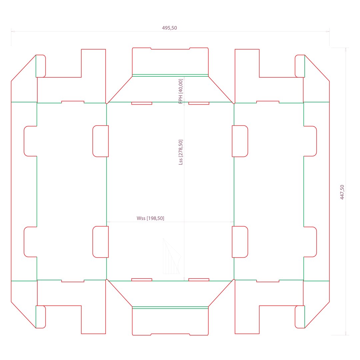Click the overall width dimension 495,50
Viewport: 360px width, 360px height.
tap(169, 28)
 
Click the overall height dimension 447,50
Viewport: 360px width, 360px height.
tap(342, 192)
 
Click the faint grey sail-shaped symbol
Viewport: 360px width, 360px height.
tap(172, 256)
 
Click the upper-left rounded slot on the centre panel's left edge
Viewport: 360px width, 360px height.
tap(101, 141)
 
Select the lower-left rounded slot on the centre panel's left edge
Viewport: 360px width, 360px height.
tap(101, 242)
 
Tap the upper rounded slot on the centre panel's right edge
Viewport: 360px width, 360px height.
tap(240, 141)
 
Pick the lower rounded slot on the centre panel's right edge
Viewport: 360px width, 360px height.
tap(240, 242)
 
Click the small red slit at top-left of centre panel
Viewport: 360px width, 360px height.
tap(142, 103)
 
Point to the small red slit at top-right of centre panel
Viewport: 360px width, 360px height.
tap(199, 103)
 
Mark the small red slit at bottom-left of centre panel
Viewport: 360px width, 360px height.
tap(142, 280)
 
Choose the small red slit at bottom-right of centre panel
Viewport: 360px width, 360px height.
tap(199, 280)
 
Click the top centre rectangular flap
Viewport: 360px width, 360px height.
tap(170, 62)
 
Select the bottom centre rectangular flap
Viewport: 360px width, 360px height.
tap(170, 321)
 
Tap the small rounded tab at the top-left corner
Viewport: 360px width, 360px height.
tap(41, 66)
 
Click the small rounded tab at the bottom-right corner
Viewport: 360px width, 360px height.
tap(300, 317)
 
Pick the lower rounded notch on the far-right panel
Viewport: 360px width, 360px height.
tap(310, 242)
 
